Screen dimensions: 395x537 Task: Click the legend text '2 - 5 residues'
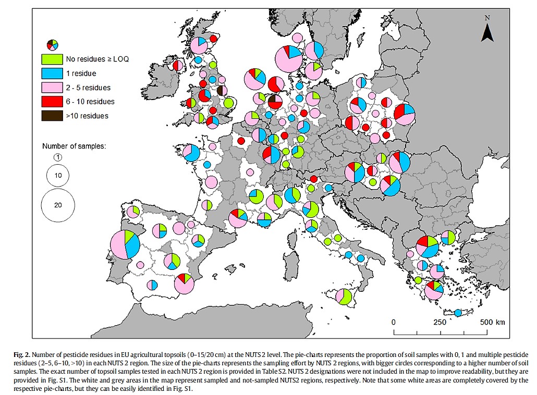tap(88, 88)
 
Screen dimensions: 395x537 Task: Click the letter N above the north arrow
tap(487, 18)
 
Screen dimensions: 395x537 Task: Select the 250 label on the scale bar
tap(440, 322)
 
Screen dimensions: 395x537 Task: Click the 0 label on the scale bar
tap(394, 322)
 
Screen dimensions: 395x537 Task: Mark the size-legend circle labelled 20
tap(58, 205)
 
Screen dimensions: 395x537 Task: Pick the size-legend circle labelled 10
tap(58, 176)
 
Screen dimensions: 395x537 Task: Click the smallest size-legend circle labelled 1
tap(58, 157)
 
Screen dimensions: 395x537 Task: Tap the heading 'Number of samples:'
tap(74, 146)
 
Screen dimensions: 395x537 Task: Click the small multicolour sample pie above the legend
tap(52, 44)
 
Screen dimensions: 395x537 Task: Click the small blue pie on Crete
tap(458, 313)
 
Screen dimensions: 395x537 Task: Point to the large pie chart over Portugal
tap(125, 244)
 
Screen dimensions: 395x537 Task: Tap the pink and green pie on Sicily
tap(343, 297)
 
